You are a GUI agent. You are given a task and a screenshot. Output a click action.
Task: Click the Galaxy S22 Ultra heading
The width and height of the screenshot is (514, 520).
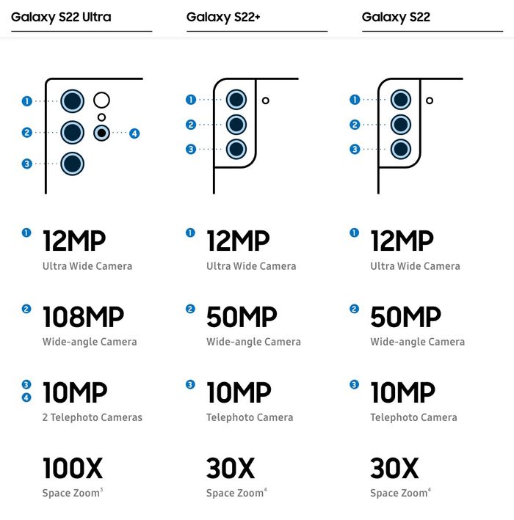click(61, 16)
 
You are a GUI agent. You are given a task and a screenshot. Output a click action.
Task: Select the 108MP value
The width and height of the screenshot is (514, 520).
click(83, 318)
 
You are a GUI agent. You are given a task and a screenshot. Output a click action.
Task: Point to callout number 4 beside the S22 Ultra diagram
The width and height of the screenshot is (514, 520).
click(134, 133)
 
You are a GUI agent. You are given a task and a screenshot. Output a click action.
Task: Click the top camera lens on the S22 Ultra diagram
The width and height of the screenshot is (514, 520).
click(72, 102)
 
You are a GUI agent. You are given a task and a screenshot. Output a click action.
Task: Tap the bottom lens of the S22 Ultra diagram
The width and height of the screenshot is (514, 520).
click(72, 164)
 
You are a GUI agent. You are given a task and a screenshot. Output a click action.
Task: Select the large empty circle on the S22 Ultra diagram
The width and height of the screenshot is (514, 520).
click(102, 100)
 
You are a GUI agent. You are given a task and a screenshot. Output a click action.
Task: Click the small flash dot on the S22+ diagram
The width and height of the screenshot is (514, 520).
click(266, 100)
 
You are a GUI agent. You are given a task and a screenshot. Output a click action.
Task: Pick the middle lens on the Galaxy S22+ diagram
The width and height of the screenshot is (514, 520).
click(236, 124)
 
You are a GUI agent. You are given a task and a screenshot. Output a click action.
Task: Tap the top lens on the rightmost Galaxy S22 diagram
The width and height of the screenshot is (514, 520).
click(400, 100)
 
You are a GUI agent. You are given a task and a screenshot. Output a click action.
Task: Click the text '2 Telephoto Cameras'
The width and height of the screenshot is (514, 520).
click(93, 417)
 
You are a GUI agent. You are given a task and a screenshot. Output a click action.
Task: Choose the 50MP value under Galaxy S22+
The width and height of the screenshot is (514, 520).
click(242, 318)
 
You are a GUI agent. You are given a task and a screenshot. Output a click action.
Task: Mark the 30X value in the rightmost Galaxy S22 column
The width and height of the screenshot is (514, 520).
click(394, 468)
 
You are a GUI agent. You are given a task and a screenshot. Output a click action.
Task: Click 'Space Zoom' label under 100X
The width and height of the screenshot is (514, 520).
click(70, 493)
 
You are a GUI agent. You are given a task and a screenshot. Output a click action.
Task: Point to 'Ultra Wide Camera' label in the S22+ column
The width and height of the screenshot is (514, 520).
click(251, 266)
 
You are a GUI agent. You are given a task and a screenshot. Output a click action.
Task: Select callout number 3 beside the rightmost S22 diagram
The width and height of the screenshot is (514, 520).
click(355, 149)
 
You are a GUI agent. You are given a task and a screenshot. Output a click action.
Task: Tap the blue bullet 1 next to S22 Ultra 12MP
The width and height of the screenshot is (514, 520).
click(27, 233)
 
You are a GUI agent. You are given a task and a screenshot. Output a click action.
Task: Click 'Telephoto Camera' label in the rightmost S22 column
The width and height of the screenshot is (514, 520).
click(413, 417)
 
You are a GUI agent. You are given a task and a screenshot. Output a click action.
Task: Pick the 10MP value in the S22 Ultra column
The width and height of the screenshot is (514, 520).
click(75, 393)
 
